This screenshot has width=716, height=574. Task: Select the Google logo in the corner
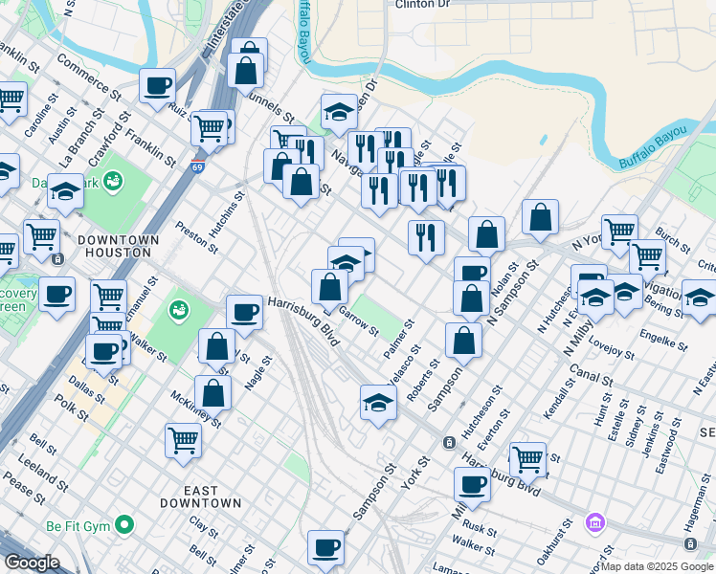click(32, 563)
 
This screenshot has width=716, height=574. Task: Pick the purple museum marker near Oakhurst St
click(594, 523)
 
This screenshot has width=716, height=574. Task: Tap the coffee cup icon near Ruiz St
click(158, 84)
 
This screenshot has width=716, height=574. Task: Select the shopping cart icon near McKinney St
click(183, 440)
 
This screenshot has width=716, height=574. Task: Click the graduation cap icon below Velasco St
click(379, 402)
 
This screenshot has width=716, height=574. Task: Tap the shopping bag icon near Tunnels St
click(246, 70)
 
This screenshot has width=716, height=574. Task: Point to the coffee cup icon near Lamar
click(326, 547)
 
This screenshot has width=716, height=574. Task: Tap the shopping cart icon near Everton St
click(527, 458)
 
